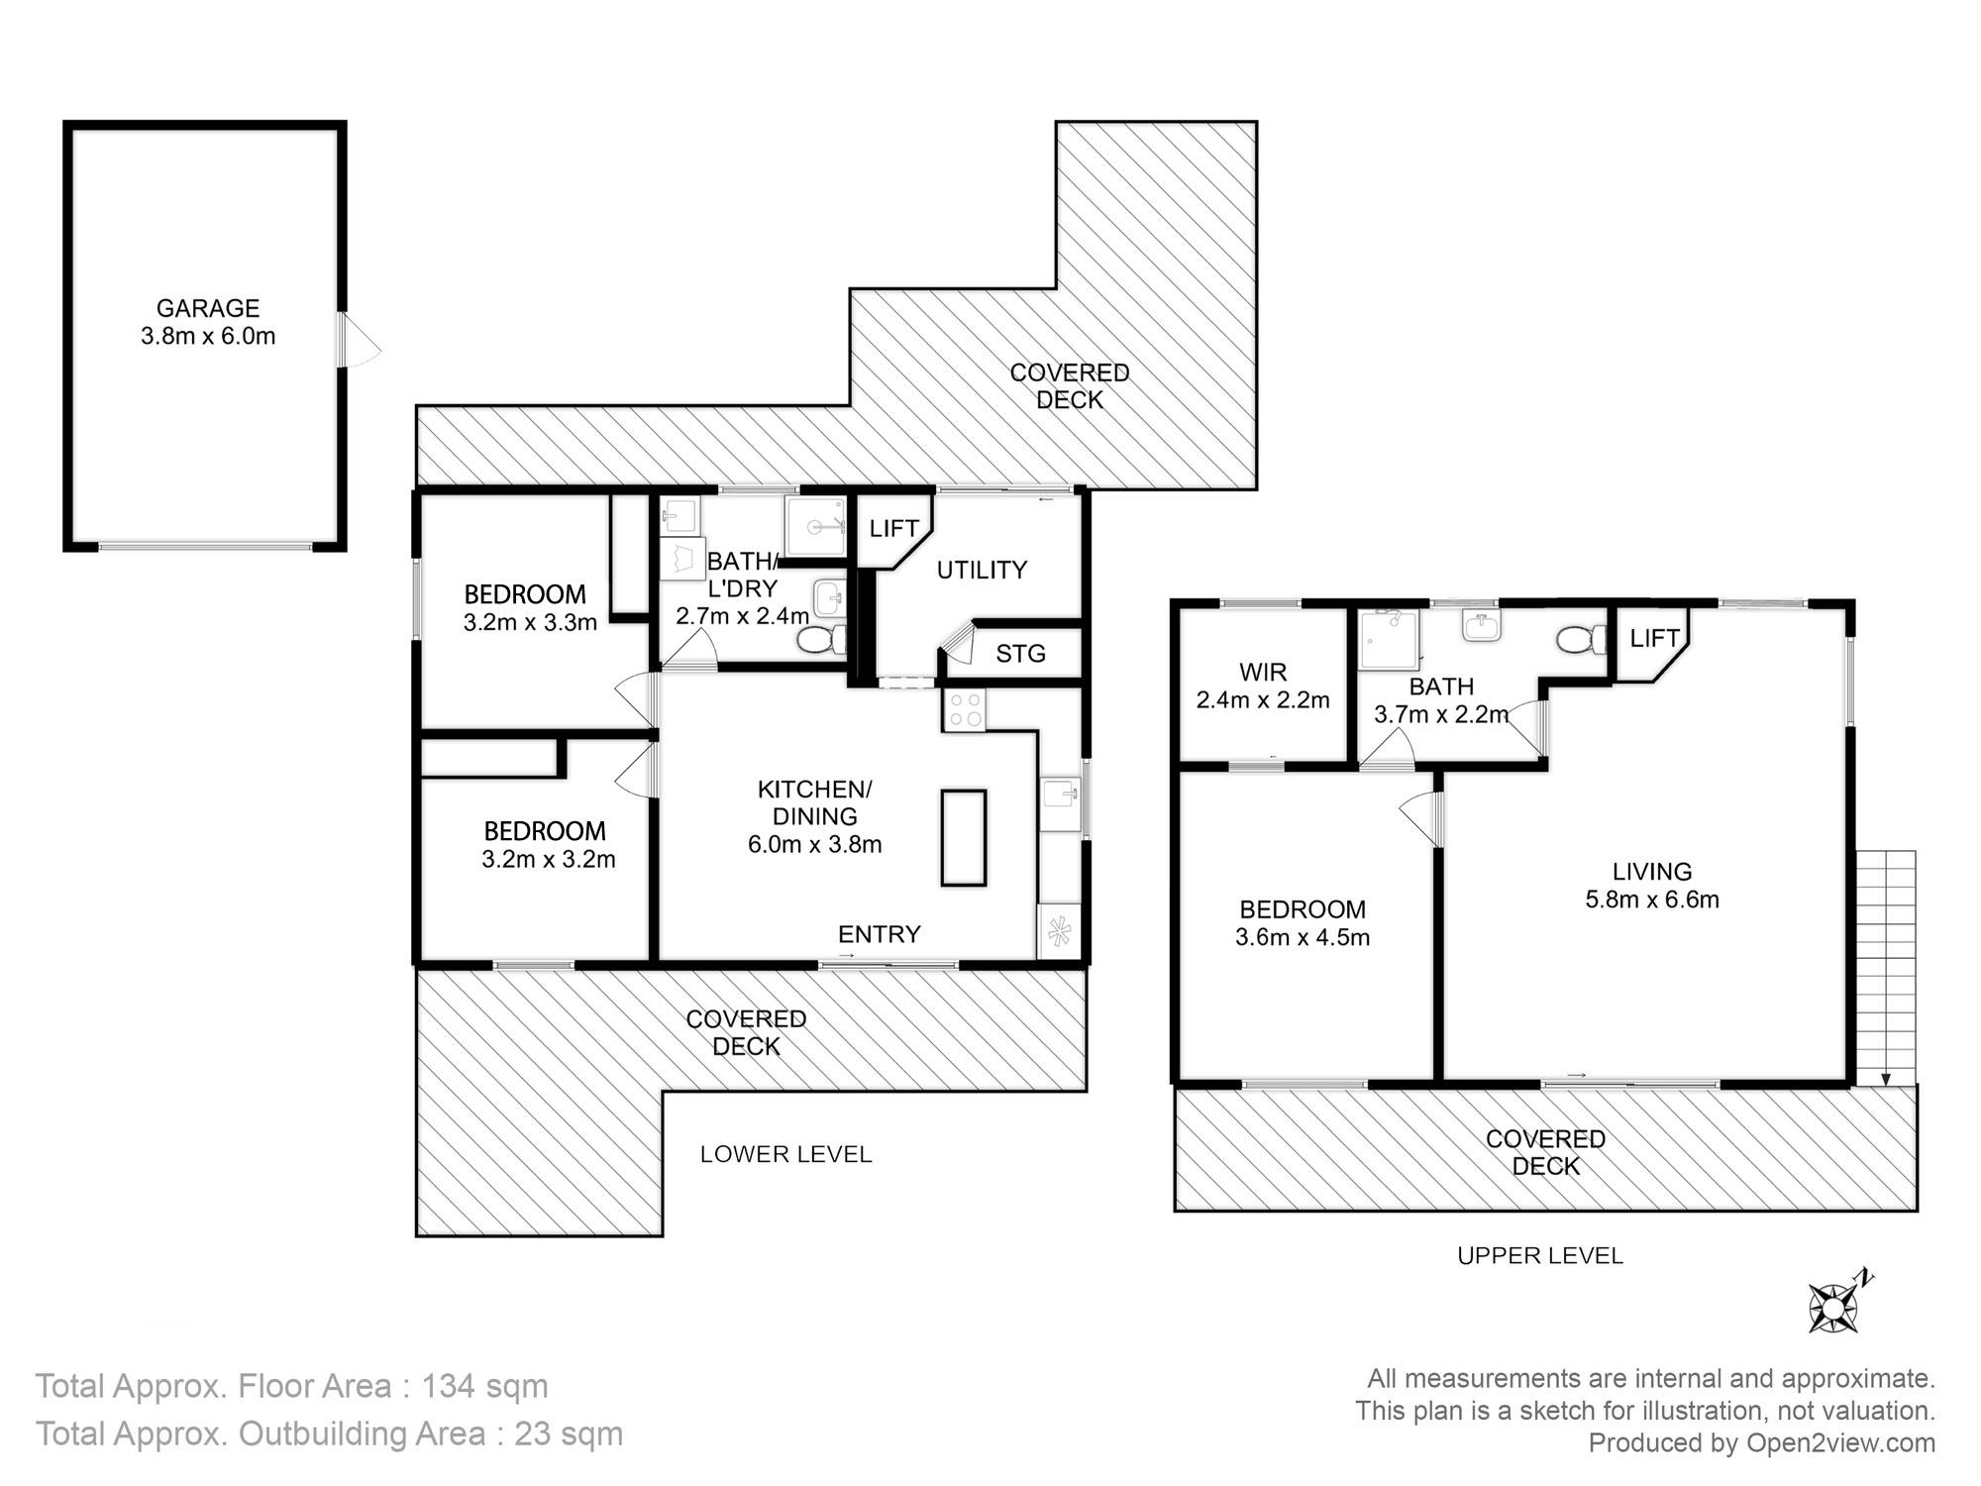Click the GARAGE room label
208,308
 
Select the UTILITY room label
982,570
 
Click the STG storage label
1020,654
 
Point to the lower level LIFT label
893,529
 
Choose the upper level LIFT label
1654,639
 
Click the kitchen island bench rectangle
963,837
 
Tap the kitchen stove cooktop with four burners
963,710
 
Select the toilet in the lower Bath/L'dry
822,640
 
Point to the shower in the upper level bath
1390,640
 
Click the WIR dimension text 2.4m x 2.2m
1263,700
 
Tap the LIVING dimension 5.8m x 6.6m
1652,900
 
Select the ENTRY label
880,934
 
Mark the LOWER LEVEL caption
785,1154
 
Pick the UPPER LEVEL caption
1540,1256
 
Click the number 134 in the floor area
449,1386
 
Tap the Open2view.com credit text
1840,1443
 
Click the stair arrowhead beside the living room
1885,1080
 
